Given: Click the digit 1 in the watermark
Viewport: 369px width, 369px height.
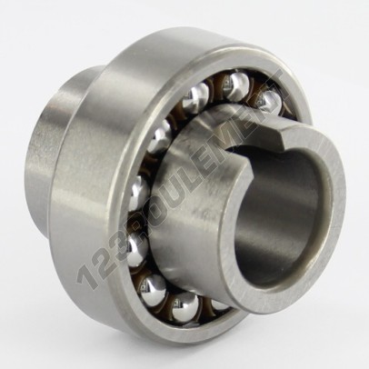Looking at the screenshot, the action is (85, 274).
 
